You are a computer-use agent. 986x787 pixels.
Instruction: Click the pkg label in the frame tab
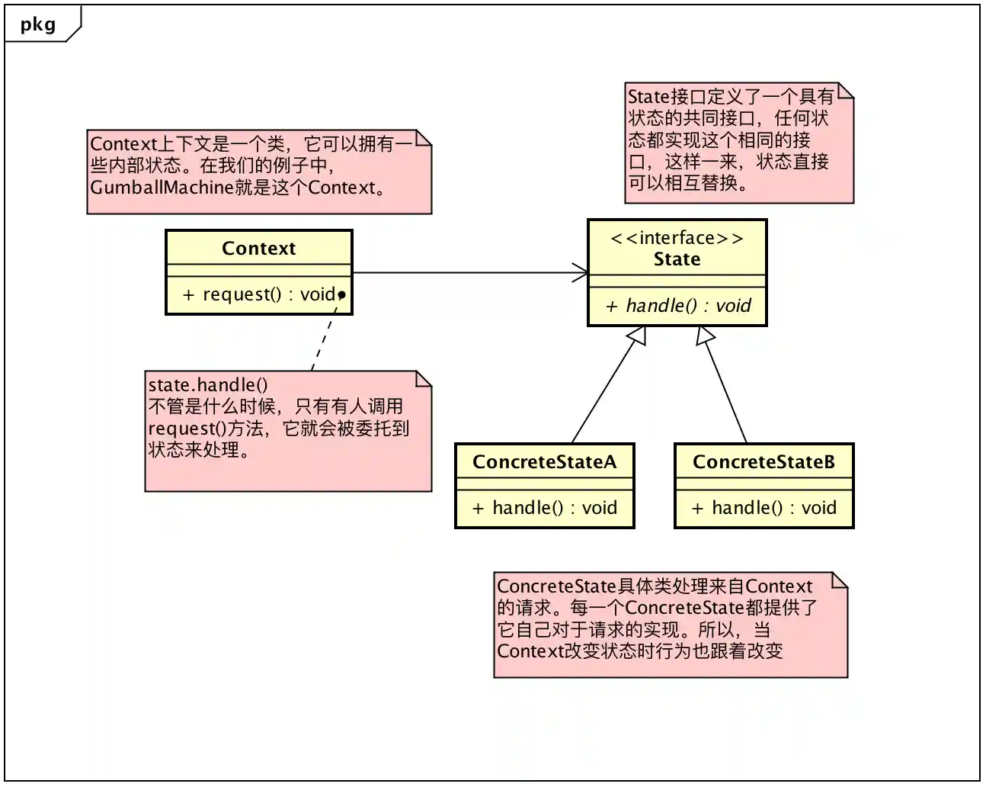click(37, 24)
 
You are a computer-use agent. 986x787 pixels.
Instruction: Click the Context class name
click(258, 249)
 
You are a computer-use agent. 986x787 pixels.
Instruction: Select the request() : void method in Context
click(258, 294)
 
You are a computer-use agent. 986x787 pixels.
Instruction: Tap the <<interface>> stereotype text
click(676, 238)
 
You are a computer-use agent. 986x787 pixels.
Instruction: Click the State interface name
click(676, 259)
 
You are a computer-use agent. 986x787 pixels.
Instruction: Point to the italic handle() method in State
click(677, 306)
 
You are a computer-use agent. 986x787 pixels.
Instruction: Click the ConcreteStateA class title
click(544, 462)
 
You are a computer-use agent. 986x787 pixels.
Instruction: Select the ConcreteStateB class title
click(764, 462)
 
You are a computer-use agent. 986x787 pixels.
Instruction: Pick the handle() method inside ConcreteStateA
click(544, 508)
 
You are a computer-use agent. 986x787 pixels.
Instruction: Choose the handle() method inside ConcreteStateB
click(764, 508)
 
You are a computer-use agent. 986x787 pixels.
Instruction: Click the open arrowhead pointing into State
click(581, 272)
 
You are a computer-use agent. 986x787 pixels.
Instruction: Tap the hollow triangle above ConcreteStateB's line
click(705, 336)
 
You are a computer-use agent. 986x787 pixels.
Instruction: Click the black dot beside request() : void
click(341, 294)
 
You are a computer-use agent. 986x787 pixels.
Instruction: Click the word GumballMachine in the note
click(161, 188)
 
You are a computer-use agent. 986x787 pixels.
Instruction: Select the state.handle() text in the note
click(207, 385)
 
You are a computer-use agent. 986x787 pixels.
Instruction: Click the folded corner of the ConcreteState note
click(839, 580)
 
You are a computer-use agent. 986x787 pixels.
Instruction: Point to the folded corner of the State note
click(845, 91)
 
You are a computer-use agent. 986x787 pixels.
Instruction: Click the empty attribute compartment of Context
click(258, 270)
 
